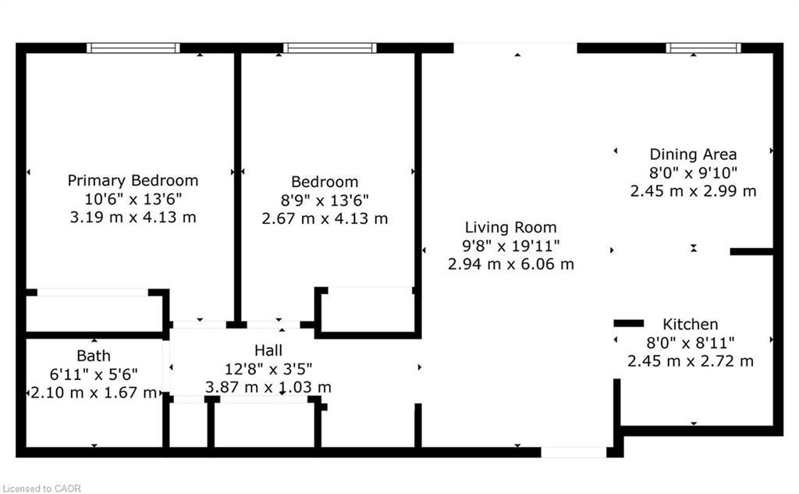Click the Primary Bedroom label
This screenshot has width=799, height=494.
133,180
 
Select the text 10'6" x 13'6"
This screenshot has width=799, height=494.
133,199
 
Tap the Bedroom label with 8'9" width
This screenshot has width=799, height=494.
325,182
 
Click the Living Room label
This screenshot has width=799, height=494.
511,228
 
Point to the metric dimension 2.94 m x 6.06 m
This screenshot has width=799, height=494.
511,265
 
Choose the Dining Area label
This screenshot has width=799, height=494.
693,155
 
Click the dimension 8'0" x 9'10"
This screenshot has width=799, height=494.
693,172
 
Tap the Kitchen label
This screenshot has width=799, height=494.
691,324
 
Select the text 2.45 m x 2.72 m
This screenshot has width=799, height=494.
691,361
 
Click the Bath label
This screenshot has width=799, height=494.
93,356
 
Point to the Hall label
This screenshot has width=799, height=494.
268,350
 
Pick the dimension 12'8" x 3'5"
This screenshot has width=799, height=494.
268,368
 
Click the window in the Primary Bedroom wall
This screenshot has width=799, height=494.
133,48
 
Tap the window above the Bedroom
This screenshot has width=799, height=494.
330,48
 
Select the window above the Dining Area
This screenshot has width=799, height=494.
704,48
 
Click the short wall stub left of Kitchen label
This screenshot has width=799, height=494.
629,323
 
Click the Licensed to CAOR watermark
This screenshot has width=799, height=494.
41,489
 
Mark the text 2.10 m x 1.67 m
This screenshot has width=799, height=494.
94,393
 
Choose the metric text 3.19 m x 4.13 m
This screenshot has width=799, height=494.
133,218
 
